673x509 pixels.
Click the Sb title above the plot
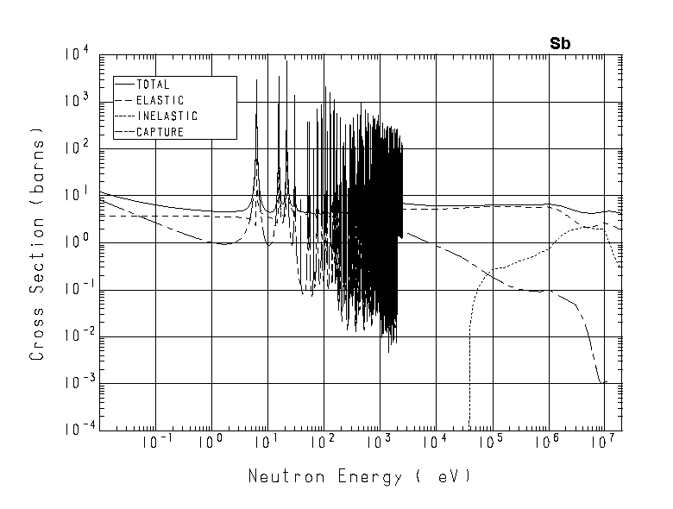pyautogui.click(x=561, y=42)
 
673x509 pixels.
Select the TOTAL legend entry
pyautogui.click(x=153, y=85)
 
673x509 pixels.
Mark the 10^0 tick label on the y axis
pyautogui.click(x=75, y=244)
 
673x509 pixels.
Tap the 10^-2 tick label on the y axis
pyautogui.click(x=73, y=337)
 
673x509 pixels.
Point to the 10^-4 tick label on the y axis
pyautogui.click(x=73, y=430)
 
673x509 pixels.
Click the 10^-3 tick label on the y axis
pyautogui.click(x=73, y=384)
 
